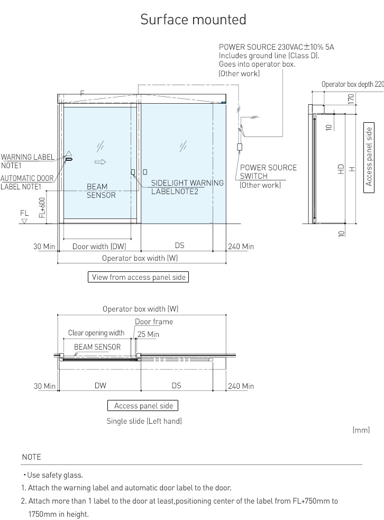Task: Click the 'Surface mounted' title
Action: point(193,19)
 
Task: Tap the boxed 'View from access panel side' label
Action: point(138,277)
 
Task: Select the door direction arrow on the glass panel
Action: point(100,162)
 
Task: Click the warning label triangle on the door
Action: point(69,153)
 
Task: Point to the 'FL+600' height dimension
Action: point(42,207)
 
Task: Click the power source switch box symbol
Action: point(240,147)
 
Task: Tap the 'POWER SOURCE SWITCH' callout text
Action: point(268,172)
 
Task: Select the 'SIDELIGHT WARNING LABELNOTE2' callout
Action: point(187,187)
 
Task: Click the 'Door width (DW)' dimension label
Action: point(99,247)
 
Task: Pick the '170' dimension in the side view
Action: point(351,98)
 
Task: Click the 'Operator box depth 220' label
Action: point(352,84)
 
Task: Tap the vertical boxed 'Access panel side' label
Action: point(369,158)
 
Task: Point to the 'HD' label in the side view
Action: point(341,169)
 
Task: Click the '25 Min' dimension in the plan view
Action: point(148,334)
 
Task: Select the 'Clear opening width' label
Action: point(96,333)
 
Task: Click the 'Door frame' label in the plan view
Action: point(154,322)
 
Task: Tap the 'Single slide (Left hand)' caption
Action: point(144,421)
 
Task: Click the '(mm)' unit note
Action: point(361,430)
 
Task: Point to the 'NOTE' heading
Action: point(32,457)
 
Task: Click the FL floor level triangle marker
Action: point(24,221)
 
